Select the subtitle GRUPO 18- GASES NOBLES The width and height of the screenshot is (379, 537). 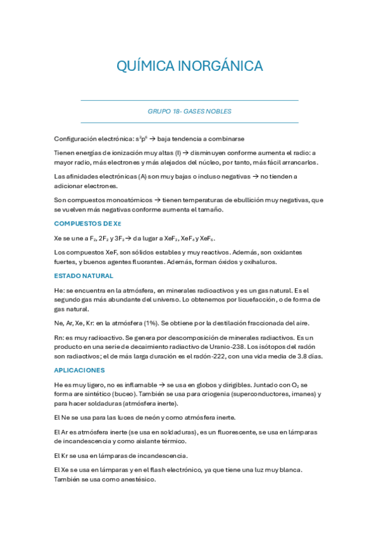(x=189, y=111)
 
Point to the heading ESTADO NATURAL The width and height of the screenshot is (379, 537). (x=84, y=275)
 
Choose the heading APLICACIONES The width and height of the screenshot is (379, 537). (x=79, y=370)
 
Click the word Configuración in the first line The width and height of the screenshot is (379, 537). (x=79, y=138)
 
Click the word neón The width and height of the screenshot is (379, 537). (x=152, y=417)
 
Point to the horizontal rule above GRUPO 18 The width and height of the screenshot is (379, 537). (x=189, y=100)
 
